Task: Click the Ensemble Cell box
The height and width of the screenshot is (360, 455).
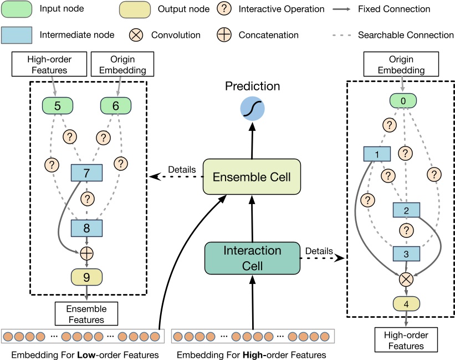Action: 252,176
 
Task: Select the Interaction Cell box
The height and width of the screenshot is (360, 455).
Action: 253,258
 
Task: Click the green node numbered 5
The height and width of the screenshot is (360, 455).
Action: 58,105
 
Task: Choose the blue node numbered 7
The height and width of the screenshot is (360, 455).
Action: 86,173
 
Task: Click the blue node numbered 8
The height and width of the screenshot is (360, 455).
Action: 86,227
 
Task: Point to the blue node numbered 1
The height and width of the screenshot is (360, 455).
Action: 377,154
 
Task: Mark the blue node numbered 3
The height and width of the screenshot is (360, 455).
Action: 406,253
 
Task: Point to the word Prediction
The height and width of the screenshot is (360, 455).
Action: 252,86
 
